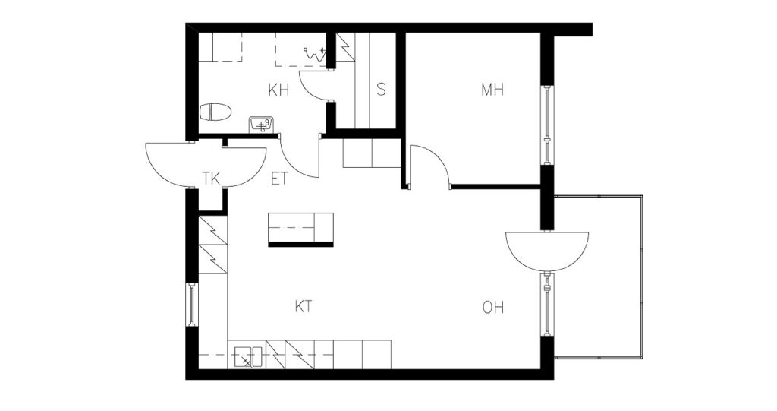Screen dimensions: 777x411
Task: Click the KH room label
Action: click(x=278, y=90)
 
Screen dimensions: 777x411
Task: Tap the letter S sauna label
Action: click(x=381, y=90)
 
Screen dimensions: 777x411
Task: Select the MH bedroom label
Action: click(x=492, y=90)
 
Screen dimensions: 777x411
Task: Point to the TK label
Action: click(x=211, y=179)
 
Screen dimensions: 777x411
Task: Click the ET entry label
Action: click(x=279, y=179)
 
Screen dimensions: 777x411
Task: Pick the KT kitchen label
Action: click(x=304, y=307)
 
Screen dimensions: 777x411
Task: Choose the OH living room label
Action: click(x=493, y=308)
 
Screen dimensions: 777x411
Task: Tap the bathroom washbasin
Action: click(x=262, y=124)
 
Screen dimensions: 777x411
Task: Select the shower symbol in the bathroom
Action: click(x=315, y=54)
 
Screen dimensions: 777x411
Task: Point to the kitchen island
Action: click(x=300, y=229)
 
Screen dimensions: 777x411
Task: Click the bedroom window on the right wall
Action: click(x=547, y=125)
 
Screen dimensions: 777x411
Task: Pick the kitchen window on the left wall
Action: click(x=192, y=305)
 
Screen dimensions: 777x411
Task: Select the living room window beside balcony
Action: click(x=547, y=304)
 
